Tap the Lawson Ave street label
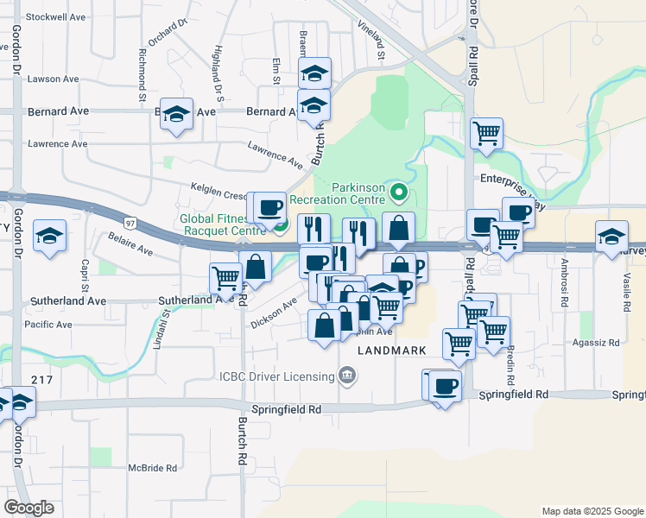coord(53,79)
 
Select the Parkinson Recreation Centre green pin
coord(398,192)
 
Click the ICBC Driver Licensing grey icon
coord(346,376)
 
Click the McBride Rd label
coord(152,468)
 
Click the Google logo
coord(28,508)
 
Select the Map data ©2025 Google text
coord(592,511)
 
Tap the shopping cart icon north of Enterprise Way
coord(487,134)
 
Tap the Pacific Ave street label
coord(48,325)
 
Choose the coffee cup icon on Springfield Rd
coord(445,386)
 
